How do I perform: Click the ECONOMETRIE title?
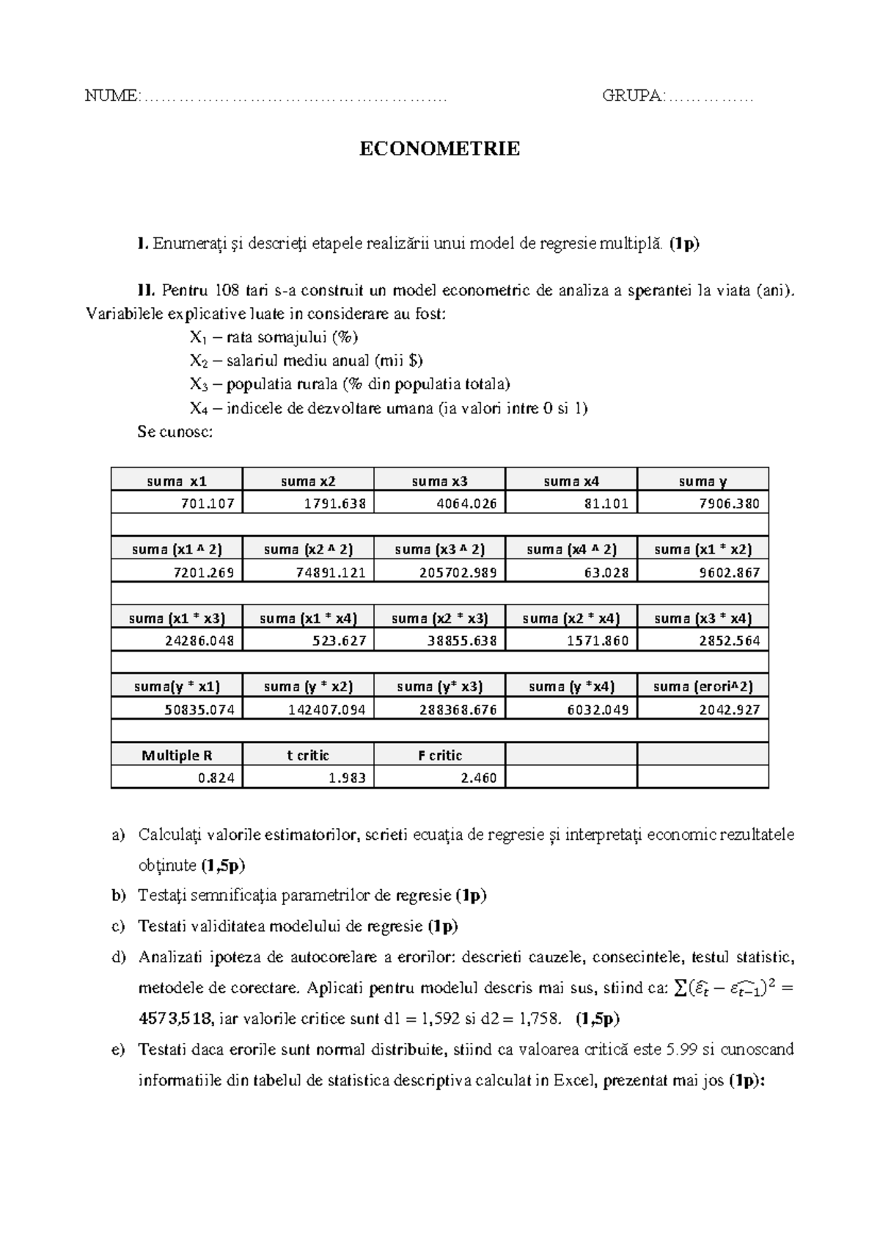tap(439, 149)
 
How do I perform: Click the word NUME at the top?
tap(110, 96)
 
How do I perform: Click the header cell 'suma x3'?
tap(439, 481)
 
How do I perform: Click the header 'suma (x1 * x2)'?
tap(703, 549)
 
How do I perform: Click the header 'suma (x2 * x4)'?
tap(571, 618)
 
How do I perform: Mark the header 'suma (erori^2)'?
tap(703, 686)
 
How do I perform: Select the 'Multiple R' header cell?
tap(177, 755)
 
